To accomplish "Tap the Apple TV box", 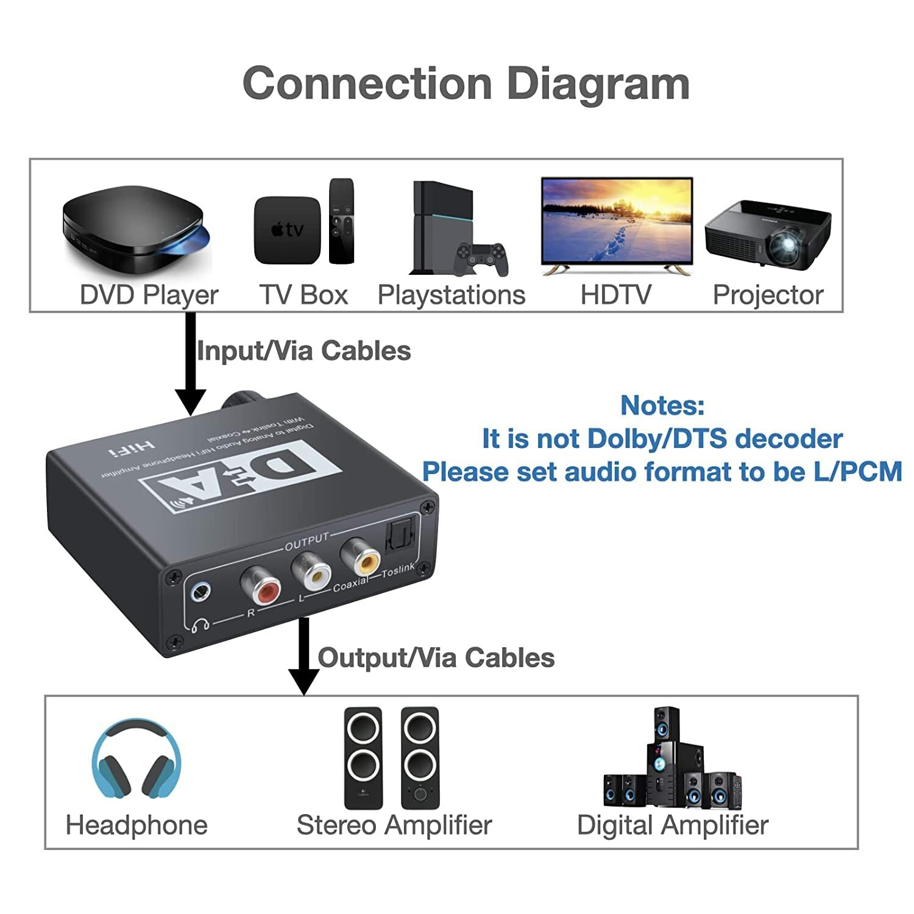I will [x=287, y=230].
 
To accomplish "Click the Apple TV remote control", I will [x=341, y=221].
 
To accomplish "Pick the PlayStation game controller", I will [x=483, y=259].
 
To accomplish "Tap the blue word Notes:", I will [x=662, y=405].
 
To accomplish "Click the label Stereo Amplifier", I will [x=394, y=825].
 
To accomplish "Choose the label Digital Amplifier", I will [x=672, y=825].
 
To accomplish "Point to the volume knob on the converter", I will [x=243, y=401].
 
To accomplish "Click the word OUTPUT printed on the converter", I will [x=306, y=540].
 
